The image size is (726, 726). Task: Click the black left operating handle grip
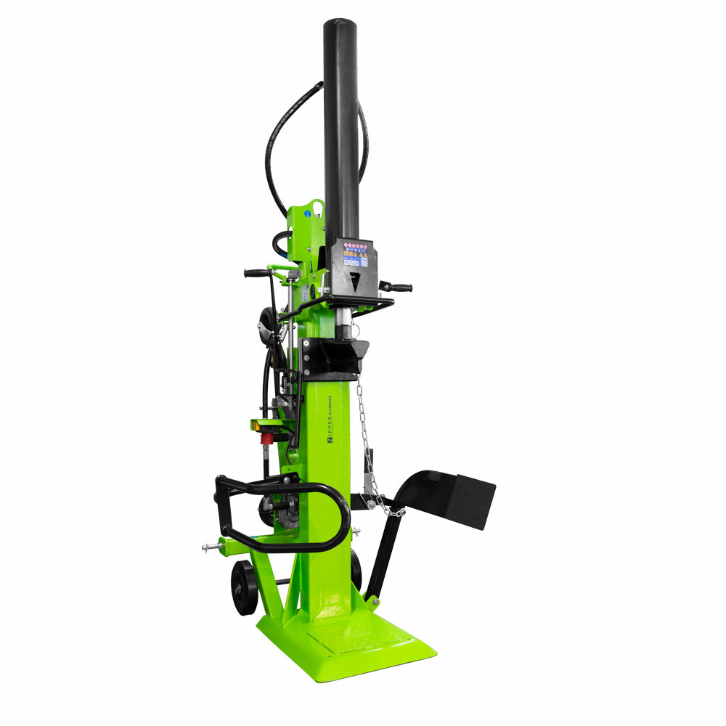point(256,274)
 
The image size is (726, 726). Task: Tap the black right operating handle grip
point(400,287)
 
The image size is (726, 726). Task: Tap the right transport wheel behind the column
point(356,570)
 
